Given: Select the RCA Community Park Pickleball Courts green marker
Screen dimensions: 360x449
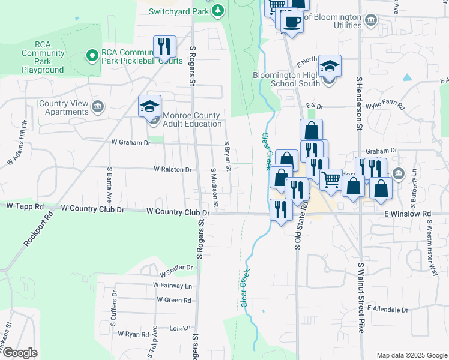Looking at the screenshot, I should [x=92, y=56].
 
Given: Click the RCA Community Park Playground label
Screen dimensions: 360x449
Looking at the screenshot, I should [x=43, y=58].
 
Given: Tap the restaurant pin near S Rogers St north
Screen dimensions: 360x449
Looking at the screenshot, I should [x=164, y=46].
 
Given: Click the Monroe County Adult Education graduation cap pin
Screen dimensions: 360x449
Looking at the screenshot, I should [x=150, y=107].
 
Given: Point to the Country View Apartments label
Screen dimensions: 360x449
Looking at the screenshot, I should [x=64, y=107].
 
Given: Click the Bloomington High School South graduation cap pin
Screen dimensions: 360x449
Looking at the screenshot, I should [x=330, y=65].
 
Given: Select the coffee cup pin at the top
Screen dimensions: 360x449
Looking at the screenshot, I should [x=292, y=22].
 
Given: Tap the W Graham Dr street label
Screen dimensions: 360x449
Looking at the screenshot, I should [x=130, y=142].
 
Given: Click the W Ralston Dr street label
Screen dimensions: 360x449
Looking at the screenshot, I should [x=172, y=170].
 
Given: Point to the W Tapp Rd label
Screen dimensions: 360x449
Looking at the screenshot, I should [x=25, y=206].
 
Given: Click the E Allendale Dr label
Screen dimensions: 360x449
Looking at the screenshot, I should [x=388, y=310].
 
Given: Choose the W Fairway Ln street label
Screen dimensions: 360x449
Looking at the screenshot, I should [x=172, y=285].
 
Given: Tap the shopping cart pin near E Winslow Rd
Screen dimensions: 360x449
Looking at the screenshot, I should [x=331, y=179].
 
